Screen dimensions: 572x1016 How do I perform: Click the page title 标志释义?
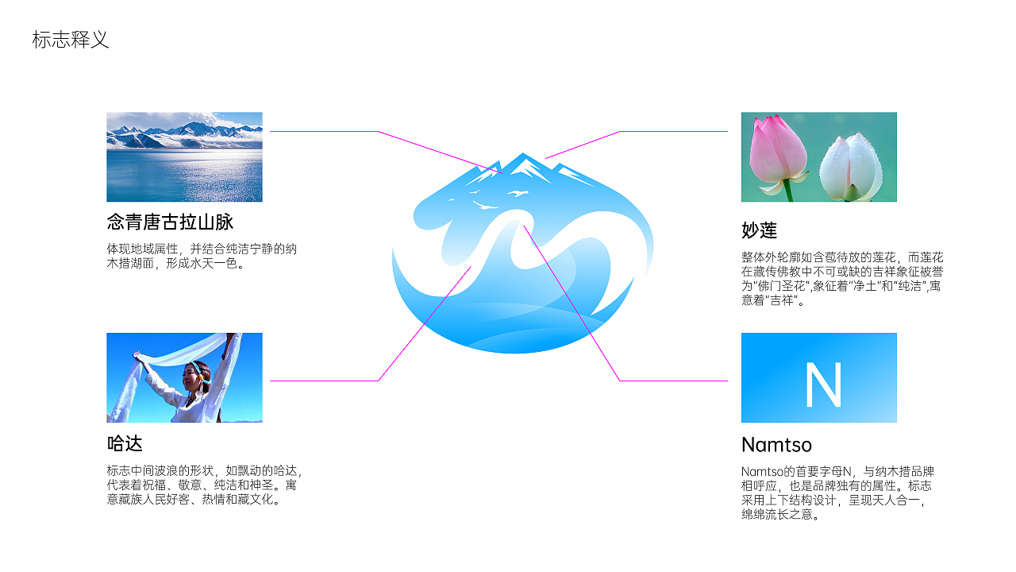70,40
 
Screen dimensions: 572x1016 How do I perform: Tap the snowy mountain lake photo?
184,157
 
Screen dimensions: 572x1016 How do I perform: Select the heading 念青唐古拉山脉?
170,222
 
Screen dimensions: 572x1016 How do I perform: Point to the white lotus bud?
852,167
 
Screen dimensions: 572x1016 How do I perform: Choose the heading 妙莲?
759,230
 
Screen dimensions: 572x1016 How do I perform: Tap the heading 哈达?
125,443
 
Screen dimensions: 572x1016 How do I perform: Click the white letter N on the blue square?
822,385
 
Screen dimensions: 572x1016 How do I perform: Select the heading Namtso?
776,444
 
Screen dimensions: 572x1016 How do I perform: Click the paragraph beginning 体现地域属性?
202,256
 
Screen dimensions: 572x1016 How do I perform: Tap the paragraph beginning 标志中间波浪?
204,485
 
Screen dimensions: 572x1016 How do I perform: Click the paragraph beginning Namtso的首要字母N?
837,493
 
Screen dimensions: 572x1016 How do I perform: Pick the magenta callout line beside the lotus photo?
675,131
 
